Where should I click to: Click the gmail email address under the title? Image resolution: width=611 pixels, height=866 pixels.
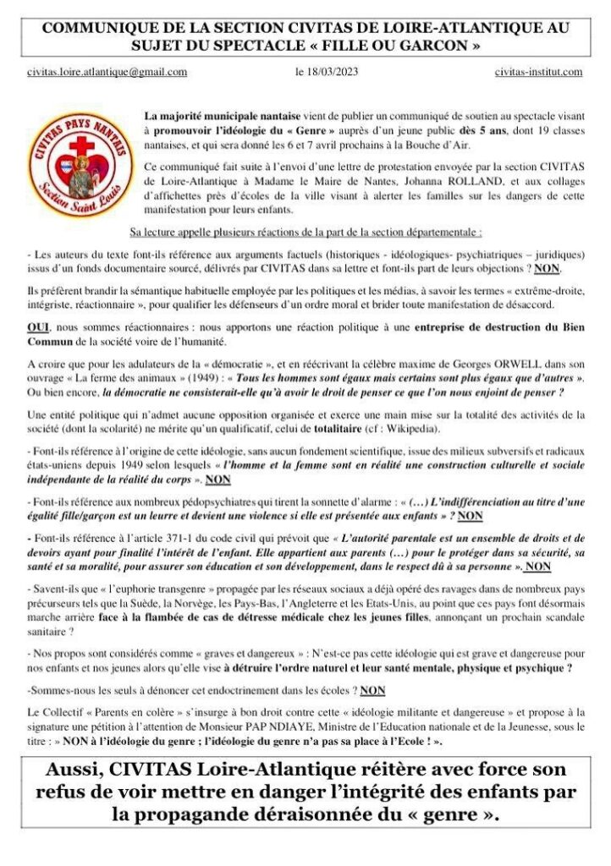coord(107,73)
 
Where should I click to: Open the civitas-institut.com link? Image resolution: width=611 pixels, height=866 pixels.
coord(538,73)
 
